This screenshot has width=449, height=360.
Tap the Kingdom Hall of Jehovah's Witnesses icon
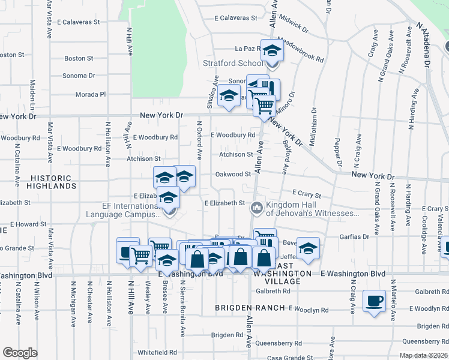click(x=256, y=208)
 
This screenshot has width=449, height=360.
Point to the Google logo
click(x=20, y=352)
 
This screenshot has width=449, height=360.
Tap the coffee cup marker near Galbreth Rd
click(x=375, y=301)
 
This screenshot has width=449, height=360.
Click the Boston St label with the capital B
click(x=79, y=59)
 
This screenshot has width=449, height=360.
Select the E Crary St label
click(x=307, y=195)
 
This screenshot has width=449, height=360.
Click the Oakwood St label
click(x=233, y=174)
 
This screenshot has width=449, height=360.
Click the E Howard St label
click(x=28, y=224)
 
